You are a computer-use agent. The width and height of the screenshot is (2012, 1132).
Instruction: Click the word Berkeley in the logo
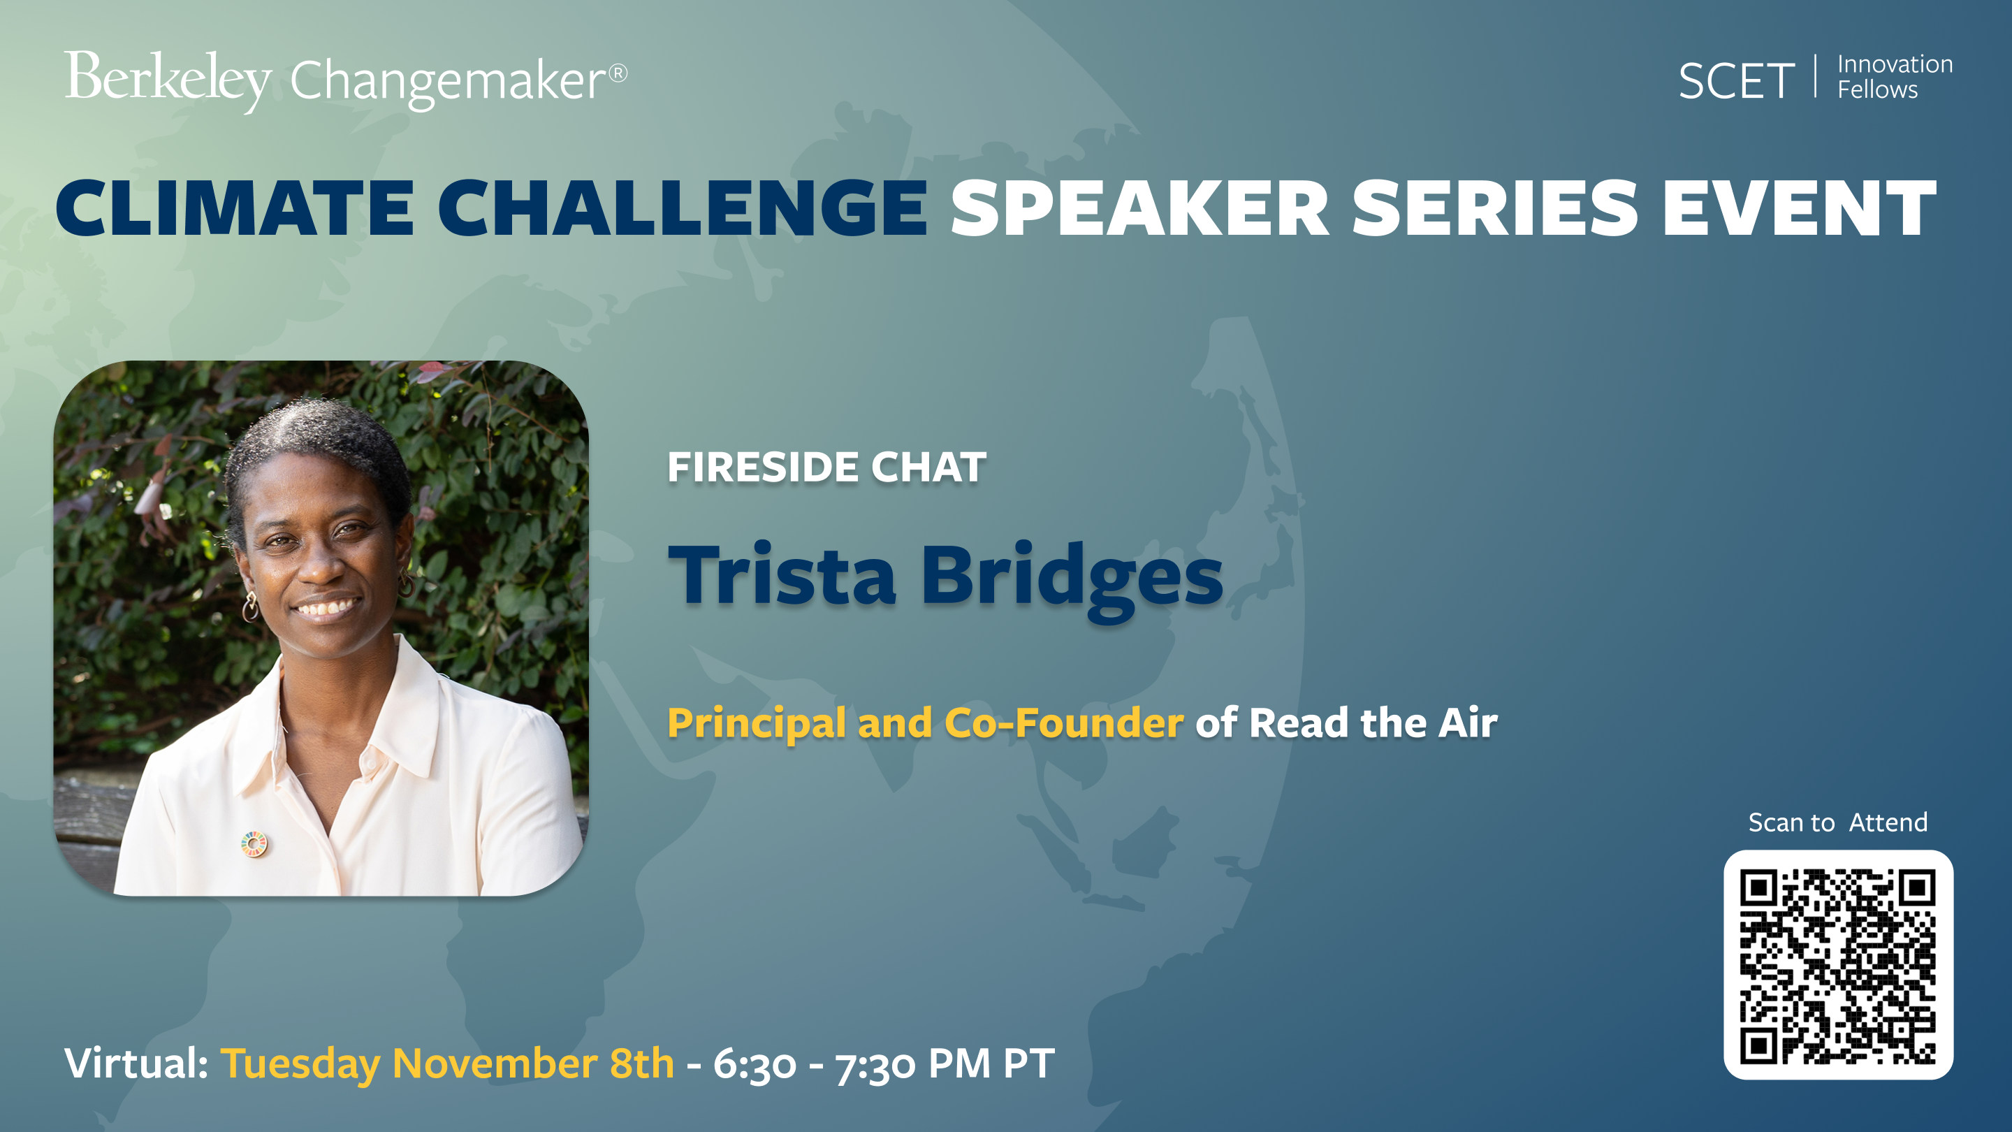(168, 81)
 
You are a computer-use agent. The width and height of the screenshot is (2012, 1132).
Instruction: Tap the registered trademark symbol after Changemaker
(618, 73)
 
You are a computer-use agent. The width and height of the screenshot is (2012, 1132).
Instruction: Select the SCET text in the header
(1736, 81)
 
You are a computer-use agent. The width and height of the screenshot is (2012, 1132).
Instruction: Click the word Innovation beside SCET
(1895, 64)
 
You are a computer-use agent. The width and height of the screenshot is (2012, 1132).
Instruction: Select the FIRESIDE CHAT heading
(826, 467)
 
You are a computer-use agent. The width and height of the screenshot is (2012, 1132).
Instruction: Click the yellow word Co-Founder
(1064, 722)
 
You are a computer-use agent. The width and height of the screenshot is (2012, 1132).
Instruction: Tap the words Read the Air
(1373, 722)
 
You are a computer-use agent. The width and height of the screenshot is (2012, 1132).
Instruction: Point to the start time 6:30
(754, 1064)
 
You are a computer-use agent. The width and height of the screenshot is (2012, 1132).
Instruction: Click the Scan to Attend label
(1838, 822)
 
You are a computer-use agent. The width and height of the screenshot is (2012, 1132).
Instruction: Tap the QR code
(1838, 965)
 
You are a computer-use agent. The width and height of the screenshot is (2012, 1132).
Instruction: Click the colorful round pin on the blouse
(254, 843)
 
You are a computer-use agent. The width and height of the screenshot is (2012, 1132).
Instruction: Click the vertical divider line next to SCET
(1816, 77)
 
